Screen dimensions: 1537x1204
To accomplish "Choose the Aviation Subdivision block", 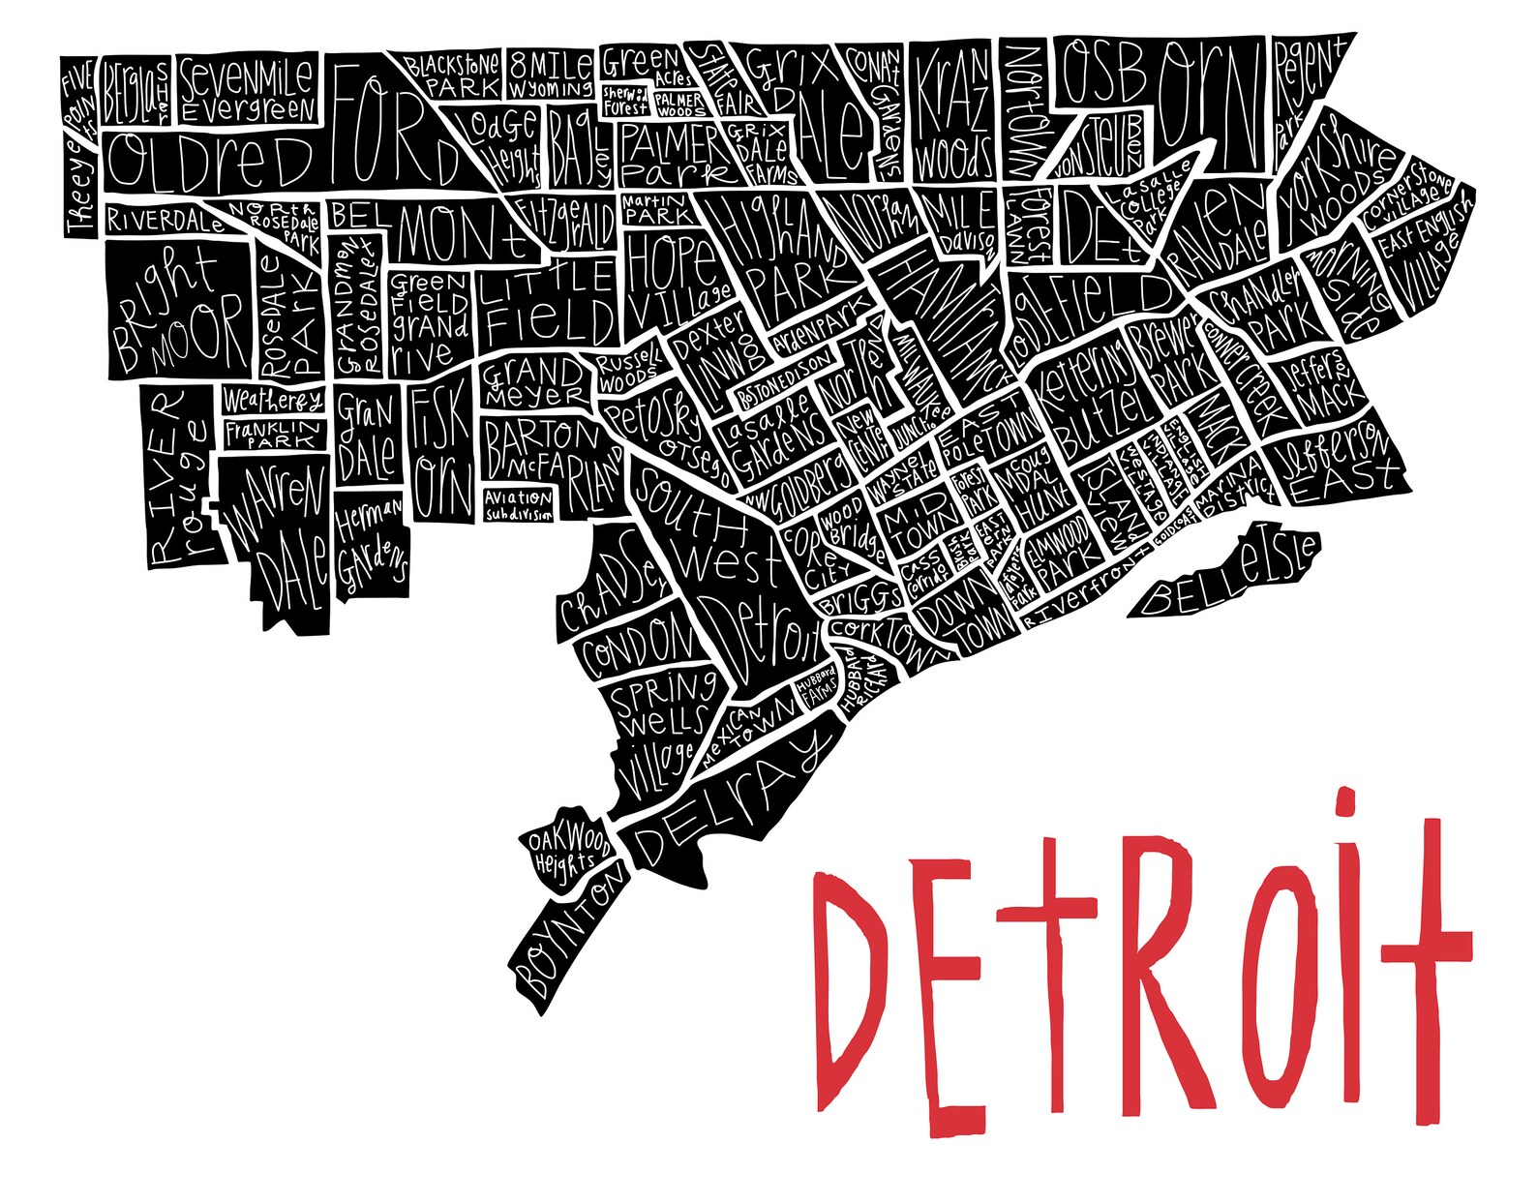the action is point(519,504).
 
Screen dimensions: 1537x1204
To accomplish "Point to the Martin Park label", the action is point(655,209).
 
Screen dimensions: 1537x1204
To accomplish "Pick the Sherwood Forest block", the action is point(626,101).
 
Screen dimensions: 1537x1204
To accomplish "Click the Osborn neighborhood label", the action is point(1161,97).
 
